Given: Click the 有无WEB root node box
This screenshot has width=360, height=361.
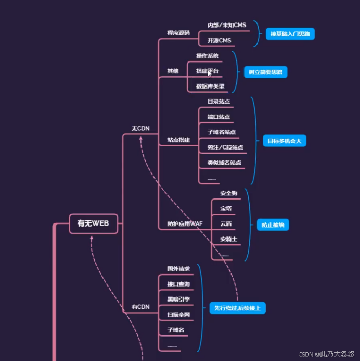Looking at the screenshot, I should point(93,223).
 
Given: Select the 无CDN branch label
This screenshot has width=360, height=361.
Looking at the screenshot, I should point(140,128).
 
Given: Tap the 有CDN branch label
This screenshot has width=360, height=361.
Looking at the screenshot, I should point(140,307).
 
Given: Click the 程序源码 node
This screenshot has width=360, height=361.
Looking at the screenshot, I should point(178,32).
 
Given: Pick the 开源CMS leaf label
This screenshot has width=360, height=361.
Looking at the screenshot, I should point(219,40).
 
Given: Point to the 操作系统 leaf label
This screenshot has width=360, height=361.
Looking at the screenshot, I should point(208,55).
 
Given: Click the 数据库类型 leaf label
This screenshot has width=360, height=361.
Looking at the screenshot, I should point(210,86).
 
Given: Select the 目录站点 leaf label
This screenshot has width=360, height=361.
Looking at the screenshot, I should point(218,101).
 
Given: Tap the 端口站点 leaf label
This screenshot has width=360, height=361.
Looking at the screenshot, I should point(218,117).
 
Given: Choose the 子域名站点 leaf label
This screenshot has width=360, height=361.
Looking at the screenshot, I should point(221,132).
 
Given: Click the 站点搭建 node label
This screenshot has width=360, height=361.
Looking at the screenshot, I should point(178,140).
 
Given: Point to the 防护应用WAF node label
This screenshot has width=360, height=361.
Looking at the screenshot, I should point(185,223).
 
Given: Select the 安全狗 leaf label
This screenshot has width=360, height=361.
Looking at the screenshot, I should point(228,193).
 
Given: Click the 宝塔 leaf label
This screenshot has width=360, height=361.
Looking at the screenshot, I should point(226,208).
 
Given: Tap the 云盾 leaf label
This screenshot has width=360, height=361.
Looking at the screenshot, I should point(226,223).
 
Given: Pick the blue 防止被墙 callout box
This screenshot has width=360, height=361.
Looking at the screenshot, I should point(273,225).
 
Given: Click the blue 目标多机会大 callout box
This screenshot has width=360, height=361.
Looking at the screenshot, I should point(284,141).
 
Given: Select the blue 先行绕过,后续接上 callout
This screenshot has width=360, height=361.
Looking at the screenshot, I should point(238,308).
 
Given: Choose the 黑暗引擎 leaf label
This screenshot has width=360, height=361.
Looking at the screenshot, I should point(178,300).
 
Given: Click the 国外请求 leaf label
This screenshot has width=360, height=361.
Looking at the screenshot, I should point(178,269).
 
